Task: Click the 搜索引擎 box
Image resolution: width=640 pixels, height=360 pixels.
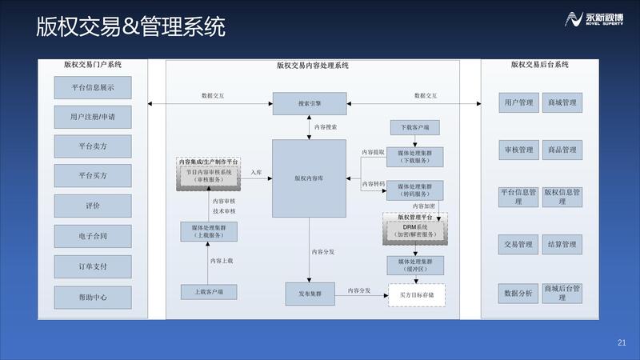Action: pyautogui.click(x=308, y=103)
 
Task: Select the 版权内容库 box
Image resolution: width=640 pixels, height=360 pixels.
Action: pyautogui.click(x=308, y=178)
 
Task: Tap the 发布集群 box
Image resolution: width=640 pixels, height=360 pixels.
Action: pyautogui.click(x=308, y=294)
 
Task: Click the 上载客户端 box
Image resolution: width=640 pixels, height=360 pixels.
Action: pyautogui.click(x=209, y=293)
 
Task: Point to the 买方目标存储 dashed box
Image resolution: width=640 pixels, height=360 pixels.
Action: pyautogui.click(x=416, y=295)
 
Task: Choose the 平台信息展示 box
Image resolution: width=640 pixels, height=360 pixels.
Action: pyautogui.click(x=93, y=87)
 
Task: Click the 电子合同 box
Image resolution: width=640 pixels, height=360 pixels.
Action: pyautogui.click(x=93, y=236)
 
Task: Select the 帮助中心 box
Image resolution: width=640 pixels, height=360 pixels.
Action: pyautogui.click(x=93, y=297)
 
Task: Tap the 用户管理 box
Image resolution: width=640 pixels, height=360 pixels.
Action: pyautogui.click(x=518, y=103)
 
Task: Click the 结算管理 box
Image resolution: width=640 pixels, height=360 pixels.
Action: pyautogui.click(x=562, y=244)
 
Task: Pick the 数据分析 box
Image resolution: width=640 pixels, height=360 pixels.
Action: pyautogui.click(x=518, y=293)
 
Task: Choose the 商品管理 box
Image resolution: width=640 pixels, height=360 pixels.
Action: pyautogui.click(x=562, y=150)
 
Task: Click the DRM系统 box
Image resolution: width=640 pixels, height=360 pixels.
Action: pyautogui.click(x=414, y=230)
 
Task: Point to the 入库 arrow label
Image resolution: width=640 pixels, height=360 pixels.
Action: pyautogui.click(x=255, y=172)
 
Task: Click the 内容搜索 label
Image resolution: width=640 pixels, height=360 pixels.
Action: pyautogui.click(x=326, y=127)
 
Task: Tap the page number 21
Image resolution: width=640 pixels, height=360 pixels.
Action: pyautogui.click(x=622, y=343)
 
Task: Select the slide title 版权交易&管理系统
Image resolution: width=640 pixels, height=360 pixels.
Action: pyautogui.click(x=130, y=27)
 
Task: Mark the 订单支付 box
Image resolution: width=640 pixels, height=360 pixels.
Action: pyautogui.click(x=93, y=266)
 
